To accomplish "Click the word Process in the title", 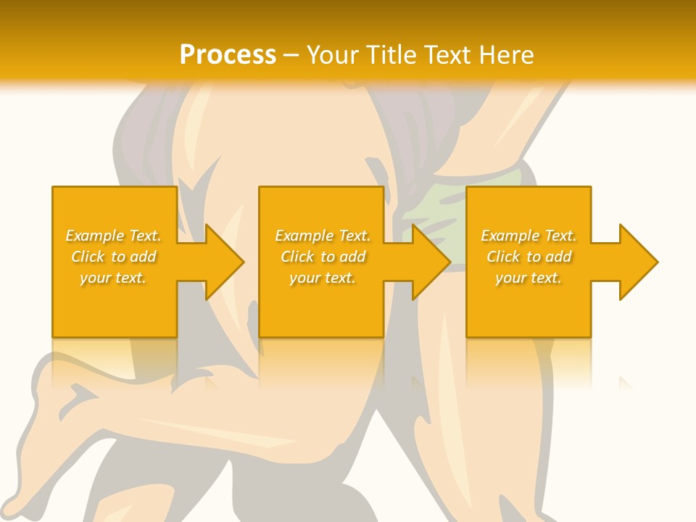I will [x=228, y=54].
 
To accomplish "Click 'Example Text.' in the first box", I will [x=114, y=236].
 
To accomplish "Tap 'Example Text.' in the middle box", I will [x=323, y=236].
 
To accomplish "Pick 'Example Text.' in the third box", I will [x=529, y=236].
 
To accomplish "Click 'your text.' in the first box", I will [x=114, y=278].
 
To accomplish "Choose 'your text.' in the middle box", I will [x=323, y=278].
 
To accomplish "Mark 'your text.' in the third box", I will [x=529, y=278].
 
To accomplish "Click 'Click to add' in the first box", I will [x=114, y=257].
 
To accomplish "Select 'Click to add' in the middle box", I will [x=323, y=257].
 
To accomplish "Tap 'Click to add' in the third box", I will [x=529, y=257].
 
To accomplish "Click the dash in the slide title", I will [x=291, y=56].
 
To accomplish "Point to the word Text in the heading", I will [x=444, y=54].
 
